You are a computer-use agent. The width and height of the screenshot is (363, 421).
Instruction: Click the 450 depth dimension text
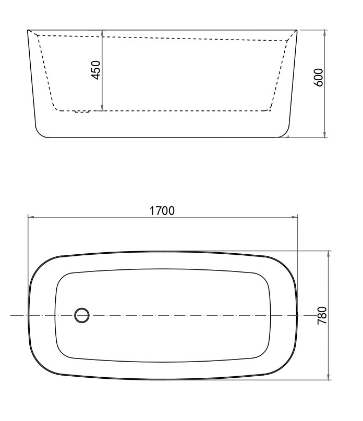click(96, 70)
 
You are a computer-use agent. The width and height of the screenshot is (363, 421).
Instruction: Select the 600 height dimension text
click(319, 77)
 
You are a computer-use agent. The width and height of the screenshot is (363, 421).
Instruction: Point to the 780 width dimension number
click(322, 315)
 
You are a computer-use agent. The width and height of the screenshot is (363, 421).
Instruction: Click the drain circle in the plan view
click(82, 315)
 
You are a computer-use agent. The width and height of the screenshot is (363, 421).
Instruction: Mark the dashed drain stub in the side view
click(82, 111)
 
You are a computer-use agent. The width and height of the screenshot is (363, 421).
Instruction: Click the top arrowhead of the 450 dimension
click(102, 32)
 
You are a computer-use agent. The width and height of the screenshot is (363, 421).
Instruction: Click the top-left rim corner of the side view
click(28, 30)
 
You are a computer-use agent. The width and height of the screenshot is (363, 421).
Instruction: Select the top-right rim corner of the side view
click(297, 30)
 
